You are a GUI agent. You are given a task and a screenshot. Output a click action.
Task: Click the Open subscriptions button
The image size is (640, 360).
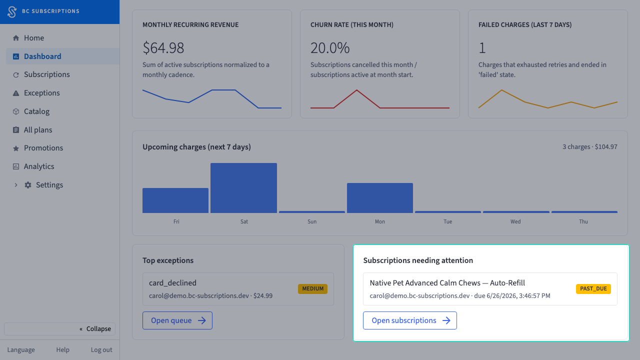click(x=409, y=320)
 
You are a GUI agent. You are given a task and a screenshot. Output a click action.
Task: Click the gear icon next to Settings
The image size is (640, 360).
click(x=27, y=185)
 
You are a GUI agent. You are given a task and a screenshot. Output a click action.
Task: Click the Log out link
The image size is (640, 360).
click(x=101, y=349)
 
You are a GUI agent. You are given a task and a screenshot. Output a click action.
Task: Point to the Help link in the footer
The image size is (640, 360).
click(x=62, y=349)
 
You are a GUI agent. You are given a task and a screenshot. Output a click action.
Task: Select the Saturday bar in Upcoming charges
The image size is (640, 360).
click(x=243, y=188)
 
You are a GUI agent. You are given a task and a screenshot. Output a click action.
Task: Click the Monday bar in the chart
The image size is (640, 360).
click(x=380, y=198)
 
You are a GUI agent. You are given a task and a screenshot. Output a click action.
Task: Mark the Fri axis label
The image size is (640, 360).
click(x=176, y=221)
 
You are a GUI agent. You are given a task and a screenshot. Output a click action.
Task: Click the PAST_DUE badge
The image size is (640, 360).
click(x=593, y=289)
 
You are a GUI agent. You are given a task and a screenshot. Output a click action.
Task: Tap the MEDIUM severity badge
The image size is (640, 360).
click(x=313, y=289)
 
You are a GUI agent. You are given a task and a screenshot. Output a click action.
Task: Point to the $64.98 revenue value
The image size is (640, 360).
click(x=163, y=47)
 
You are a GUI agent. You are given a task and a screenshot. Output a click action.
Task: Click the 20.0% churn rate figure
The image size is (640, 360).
click(x=330, y=47)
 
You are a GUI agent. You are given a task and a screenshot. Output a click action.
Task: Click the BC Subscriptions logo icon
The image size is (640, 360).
click(x=12, y=11)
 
